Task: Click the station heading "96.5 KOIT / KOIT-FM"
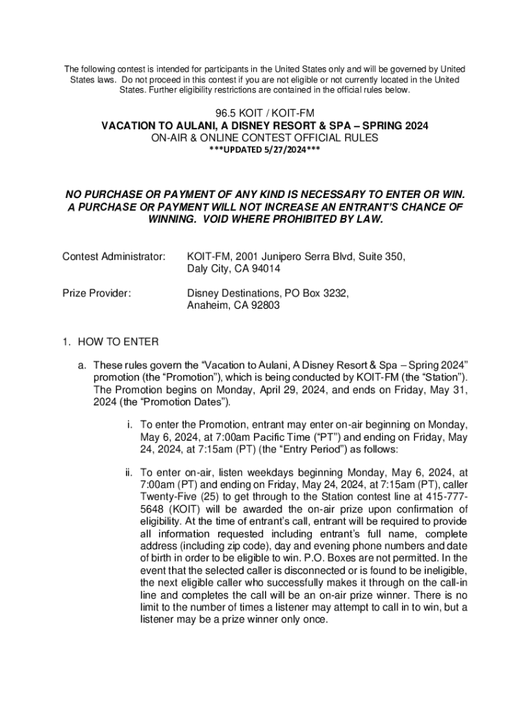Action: click(265, 113)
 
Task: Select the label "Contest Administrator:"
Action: click(114, 256)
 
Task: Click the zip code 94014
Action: click(266, 269)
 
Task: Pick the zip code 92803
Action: click(265, 306)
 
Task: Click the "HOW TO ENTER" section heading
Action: click(118, 342)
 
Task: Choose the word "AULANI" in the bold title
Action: click(210, 126)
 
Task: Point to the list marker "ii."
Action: click(129, 473)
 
